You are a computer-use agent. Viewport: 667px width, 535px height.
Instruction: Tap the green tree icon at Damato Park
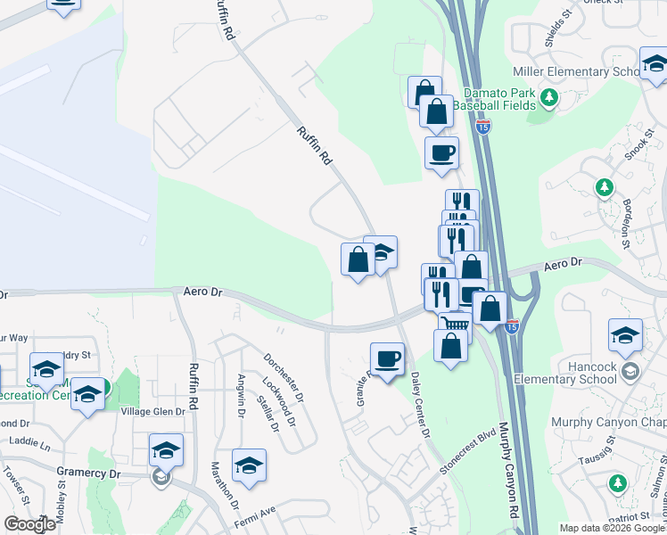549,96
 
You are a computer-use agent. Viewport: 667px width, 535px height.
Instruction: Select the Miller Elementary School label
576,71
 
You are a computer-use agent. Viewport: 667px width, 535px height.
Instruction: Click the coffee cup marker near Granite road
387,359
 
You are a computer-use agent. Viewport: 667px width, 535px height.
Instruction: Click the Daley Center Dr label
419,406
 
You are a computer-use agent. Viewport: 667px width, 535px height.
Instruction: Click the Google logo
30,524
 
